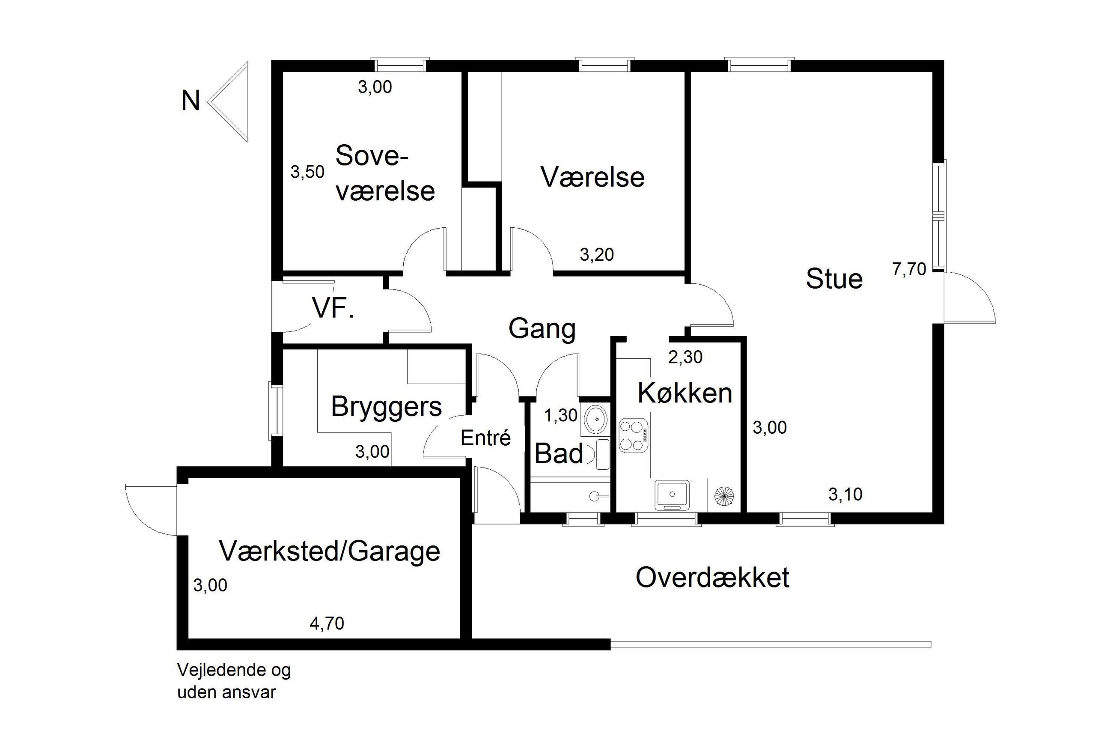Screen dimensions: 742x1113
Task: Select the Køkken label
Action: coord(684,393)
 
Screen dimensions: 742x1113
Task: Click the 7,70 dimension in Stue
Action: coord(909,269)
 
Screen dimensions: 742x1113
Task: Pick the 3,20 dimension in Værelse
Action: coord(596,255)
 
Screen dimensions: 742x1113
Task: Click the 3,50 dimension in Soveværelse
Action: coord(307,172)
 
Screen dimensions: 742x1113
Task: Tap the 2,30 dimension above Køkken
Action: coord(685,357)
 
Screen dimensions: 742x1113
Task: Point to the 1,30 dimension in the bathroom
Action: coord(560,415)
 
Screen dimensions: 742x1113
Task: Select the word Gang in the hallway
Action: coord(542,328)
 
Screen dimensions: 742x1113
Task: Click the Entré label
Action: coord(485,438)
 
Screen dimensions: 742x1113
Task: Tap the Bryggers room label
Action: coord(386,406)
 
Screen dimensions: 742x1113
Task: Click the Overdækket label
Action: coord(712,578)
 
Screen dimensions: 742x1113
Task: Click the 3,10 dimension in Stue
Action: coord(845,494)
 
